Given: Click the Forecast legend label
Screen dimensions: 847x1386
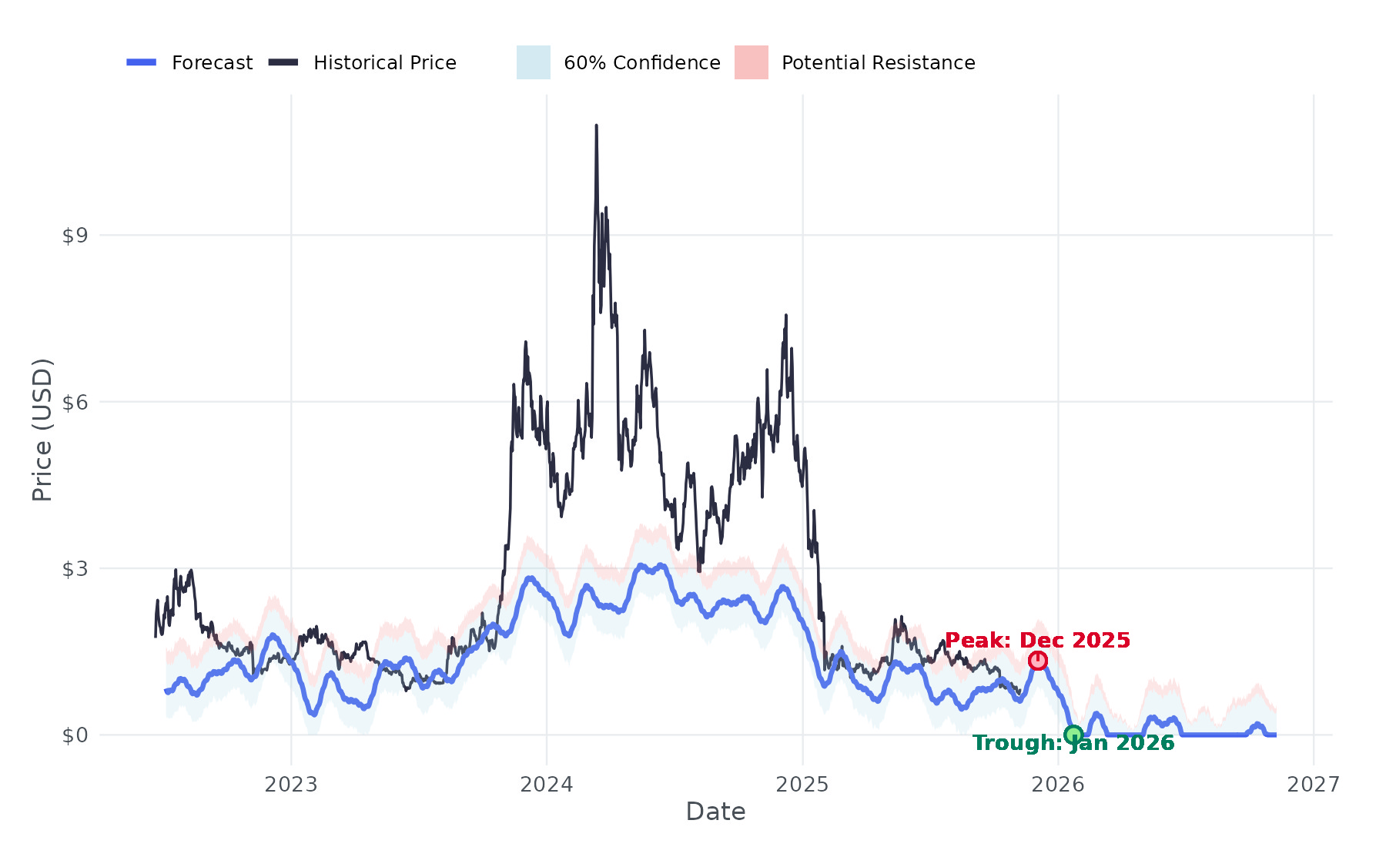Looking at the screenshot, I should click(x=212, y=62).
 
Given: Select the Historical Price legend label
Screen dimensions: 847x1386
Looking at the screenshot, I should click(x=384, y=62).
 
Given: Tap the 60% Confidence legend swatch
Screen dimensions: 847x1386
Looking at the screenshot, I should click(x=533, y=62).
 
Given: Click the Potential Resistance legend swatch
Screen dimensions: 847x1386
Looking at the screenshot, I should click(x=751, y=62).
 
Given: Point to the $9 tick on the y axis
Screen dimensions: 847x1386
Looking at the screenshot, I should click(x=75, y=236).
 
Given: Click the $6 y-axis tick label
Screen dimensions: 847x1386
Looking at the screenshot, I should click(x=75, y=402).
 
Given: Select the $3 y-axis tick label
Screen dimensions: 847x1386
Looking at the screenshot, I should click(x=75, y=569).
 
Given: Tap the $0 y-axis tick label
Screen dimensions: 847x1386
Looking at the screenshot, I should click(x=75, y=735).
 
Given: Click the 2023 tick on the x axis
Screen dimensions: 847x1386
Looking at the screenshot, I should click(x=291, y=785).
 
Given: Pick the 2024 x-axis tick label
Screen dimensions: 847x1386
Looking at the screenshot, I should click(x=547, y=785).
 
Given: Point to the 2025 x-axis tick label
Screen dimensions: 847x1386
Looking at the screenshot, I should click(x=802, y=785).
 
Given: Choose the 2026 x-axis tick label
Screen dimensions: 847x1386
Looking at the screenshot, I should click(x=1058, y=785).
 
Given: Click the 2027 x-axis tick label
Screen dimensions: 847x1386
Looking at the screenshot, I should click(x=1314, y=785).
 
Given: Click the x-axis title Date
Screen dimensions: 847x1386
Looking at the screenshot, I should click(x=715, y=812).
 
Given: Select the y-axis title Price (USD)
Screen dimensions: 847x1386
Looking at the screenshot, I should click(x=42, y=430).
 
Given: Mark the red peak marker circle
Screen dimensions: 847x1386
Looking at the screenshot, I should click(x=1038, y=661).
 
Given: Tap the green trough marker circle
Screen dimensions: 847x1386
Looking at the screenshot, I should click(x=1073, y=735).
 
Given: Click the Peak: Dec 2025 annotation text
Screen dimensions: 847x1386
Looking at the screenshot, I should click(x=1037, y=641).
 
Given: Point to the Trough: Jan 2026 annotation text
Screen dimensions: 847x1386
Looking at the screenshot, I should click(x=1073, y=743).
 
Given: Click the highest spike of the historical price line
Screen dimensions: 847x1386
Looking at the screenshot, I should click(x=597, y=126).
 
